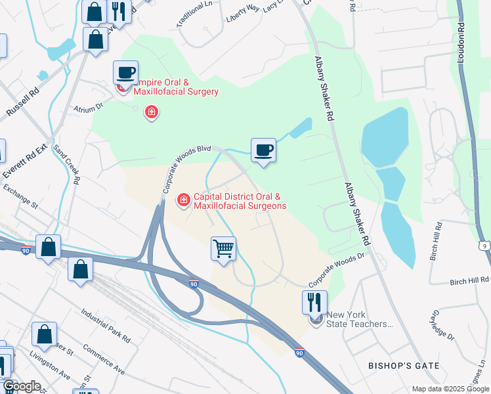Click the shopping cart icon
224,249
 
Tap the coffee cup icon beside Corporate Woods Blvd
263,150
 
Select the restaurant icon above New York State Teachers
314,302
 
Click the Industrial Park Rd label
105,326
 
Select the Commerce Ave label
104,362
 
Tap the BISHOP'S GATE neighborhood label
395,365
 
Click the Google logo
21,386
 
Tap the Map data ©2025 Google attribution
450,389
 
